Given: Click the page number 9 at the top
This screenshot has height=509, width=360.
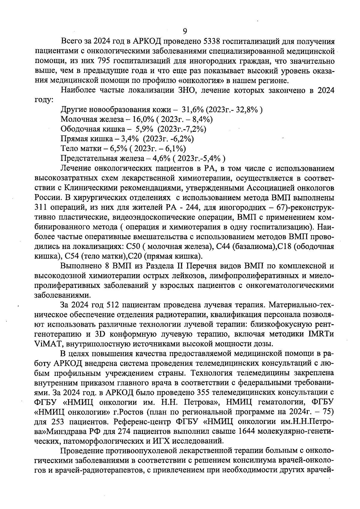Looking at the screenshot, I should [x=185, y=31].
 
